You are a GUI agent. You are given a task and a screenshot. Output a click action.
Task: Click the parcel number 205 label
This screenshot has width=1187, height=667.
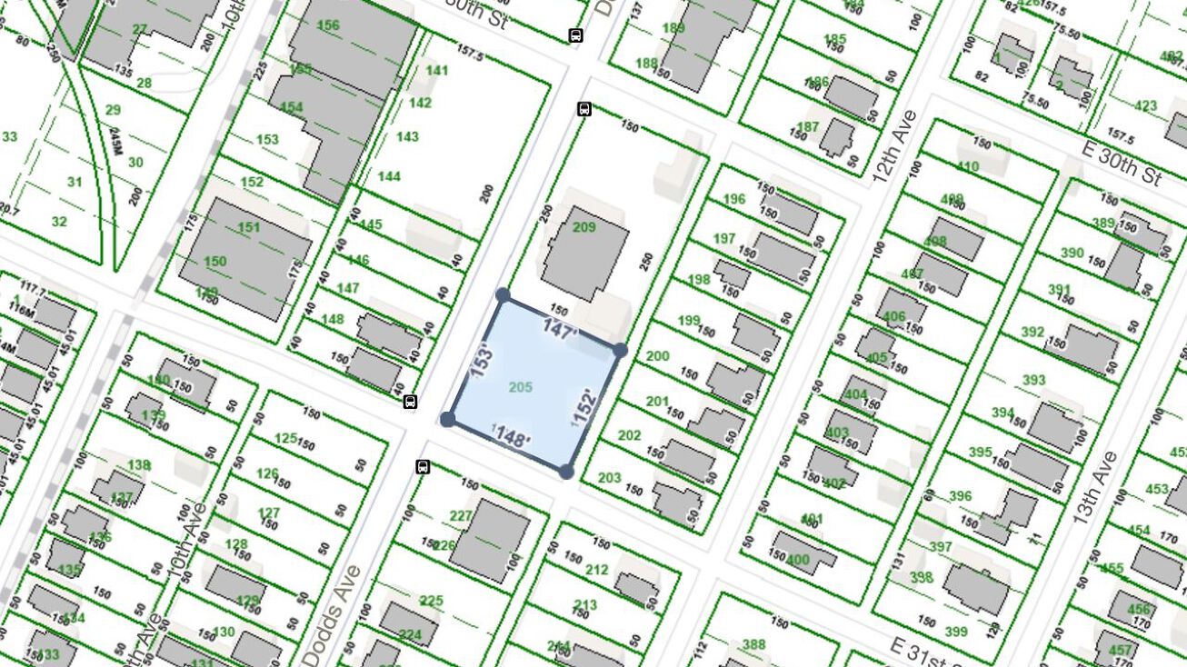coord(520,388)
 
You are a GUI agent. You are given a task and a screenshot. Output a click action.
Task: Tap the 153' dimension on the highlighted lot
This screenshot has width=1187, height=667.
coord(483,360)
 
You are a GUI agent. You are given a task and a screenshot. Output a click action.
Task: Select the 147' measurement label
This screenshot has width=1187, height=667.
coord(560,329)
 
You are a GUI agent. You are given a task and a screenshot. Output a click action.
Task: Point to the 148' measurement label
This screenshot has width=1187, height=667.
coord(513,438)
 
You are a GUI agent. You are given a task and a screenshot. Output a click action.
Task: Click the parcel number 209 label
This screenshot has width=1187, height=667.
coord(584,227)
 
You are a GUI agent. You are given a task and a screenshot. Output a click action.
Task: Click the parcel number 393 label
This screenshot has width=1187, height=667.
coord(1033,381)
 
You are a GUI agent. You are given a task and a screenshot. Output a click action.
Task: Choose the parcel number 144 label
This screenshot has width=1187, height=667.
coord(389,176)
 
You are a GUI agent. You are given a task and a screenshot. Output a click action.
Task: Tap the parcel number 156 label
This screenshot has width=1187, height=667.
coord(328,25)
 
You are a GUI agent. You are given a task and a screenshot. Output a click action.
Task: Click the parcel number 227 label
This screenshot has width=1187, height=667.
coord(461,516)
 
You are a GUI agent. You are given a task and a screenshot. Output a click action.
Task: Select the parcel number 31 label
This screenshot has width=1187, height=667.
coord(75,182)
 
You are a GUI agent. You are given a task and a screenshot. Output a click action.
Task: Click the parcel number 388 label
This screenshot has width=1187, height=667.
coord(753,645)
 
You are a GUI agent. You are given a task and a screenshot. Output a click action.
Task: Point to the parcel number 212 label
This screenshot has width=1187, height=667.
coord(597,570)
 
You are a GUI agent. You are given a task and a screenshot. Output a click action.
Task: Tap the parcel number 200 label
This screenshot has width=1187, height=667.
coord(657,356)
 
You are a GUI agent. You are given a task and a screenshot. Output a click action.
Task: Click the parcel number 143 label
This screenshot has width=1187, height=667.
coord(407,136)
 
